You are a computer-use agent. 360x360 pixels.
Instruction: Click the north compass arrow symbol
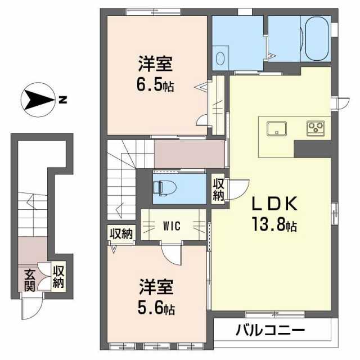38,100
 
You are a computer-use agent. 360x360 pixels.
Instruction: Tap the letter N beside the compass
62,100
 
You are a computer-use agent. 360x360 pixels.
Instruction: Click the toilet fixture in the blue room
165,188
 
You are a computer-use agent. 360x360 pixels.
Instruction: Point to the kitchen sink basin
277,129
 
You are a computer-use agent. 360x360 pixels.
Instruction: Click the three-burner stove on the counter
316,128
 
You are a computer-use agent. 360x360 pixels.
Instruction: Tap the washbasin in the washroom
220,58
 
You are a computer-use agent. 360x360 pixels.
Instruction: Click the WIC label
172,226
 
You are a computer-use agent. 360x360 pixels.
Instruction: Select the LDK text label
274,204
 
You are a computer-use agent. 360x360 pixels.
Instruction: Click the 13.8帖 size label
274,224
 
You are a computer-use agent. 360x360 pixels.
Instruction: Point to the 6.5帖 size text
155,85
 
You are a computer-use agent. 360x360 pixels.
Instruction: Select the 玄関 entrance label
30,280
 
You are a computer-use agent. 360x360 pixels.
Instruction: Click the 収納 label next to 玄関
58,277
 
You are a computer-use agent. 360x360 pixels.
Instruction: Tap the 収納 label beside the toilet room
218,190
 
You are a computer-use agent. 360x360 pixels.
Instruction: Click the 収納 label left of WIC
121,234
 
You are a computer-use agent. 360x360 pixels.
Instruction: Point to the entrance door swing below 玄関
31,307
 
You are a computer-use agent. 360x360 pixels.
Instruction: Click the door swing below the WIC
172,254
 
